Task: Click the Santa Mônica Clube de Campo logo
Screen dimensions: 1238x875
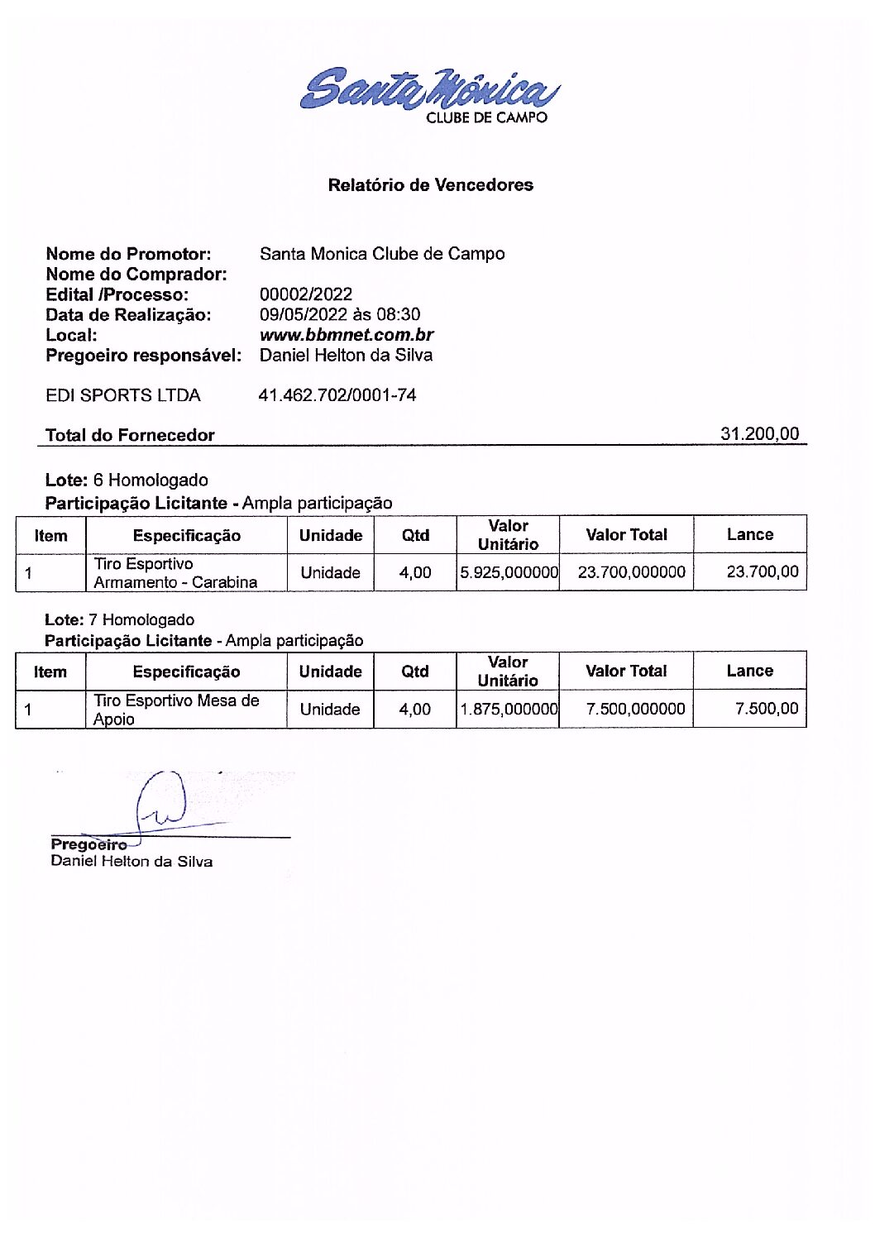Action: click(x=429, y=93)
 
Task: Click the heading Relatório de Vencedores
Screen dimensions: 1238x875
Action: click(x=430, y=185)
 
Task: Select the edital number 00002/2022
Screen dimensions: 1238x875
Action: click(x=306, y=294)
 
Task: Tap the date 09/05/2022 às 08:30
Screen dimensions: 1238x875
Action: click(x=340, y=314)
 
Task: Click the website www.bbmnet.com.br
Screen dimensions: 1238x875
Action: click(x=347, y=335)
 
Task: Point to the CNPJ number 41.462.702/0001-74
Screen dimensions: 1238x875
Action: click(x=337, y=395)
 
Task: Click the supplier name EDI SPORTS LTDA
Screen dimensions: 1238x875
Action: click(x=123, y=395)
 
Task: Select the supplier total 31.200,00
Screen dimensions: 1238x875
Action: click(x=759, y=433)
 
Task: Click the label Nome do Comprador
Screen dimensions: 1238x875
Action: click(x=136, y=274)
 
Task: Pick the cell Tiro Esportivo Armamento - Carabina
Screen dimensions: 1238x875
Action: click(x=175, y=572)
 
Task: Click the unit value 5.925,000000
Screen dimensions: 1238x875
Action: click(x=509, y=572)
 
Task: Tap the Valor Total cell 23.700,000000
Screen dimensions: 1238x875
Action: click(x=631, y=572)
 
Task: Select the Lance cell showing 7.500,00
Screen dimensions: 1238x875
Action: click(x=767, y=709)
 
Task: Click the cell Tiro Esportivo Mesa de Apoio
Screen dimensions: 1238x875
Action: click(x=175, y=709)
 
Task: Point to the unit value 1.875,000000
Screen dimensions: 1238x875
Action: click(x=509, y=710)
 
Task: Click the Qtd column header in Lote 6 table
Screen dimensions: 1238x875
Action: click(x=415, y=535)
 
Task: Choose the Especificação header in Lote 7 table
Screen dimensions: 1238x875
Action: click(x=186, y=672)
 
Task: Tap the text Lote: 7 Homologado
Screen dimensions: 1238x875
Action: click(x=120, y=619)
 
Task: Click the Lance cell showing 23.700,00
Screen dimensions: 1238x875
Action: click(x=763, y=571)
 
